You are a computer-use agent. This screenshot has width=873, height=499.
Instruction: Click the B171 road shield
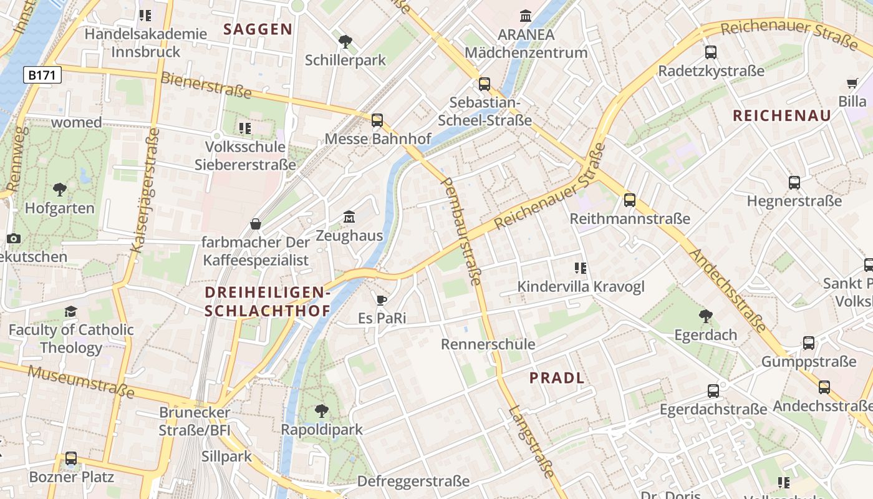tap(43, 75)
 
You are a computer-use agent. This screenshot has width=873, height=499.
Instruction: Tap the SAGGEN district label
tap(258, 29)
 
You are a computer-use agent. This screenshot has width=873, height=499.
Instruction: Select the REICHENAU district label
tap(782, 115)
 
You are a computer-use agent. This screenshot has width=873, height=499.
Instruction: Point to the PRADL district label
tap(557, 377)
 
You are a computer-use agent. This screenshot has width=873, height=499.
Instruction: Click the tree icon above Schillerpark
tap(345, 42)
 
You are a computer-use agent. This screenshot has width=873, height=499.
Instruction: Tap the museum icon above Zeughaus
tap(349, 217)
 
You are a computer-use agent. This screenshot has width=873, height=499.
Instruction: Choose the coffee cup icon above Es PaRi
tap(382, 300)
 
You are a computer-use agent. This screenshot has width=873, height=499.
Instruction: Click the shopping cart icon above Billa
tap(852, 84)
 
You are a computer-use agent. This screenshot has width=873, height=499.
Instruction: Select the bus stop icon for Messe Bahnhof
tap(377, 120)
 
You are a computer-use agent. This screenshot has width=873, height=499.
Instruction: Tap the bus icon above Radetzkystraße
tap(711, 52)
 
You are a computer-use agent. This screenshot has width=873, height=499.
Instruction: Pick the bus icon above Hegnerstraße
tap(794, 183)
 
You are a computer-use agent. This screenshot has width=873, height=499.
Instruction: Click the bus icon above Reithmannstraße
tap(630, 200)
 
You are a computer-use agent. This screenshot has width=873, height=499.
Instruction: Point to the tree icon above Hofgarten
tap(60, 189)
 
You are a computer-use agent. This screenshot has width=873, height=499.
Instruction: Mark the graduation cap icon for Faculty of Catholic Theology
tap(70, 311)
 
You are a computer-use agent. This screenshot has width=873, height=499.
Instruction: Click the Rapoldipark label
tap(322, 430)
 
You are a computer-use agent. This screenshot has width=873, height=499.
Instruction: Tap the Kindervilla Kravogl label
tap(581, 287)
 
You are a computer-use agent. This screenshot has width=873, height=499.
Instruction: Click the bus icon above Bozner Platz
tap(71, 458)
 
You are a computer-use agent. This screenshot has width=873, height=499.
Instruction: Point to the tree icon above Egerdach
tap(705, 316)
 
